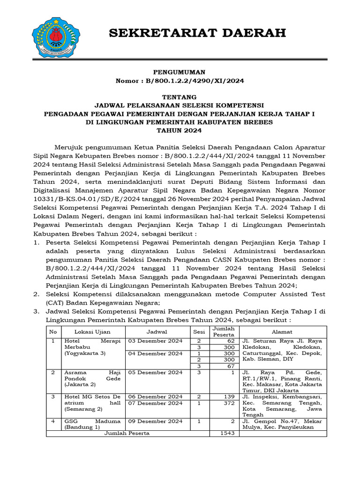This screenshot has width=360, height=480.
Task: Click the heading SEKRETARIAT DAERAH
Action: pyautogui.click(x=197, y=33)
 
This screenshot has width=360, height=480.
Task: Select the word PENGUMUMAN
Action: pyautogui.click(x=180, y=72)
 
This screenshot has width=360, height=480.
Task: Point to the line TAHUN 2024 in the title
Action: pyautogui.click(x=180, y=130)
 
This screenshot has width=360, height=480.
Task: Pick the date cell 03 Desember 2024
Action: pyautogui.click(x=155, y=341)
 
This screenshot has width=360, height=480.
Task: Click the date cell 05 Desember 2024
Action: pyautogui.click(x=155, y=373)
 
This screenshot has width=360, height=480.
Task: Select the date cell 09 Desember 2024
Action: pyautogui.click(x=155, y=421)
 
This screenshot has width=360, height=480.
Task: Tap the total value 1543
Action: pyautogui.click(x=227, y=433)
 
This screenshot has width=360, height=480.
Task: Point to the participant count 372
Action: pyautogui.click(x=229, y=403)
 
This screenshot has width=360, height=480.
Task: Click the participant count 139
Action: pyautogui.click(x=229, y=397)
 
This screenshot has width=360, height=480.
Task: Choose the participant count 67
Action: pyautogui.click(x=230, y=366)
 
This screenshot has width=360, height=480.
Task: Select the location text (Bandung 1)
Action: pyautogui.click(x=82, y=427)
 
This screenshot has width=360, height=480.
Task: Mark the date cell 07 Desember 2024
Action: pyautogui.click(x=155, y=403)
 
